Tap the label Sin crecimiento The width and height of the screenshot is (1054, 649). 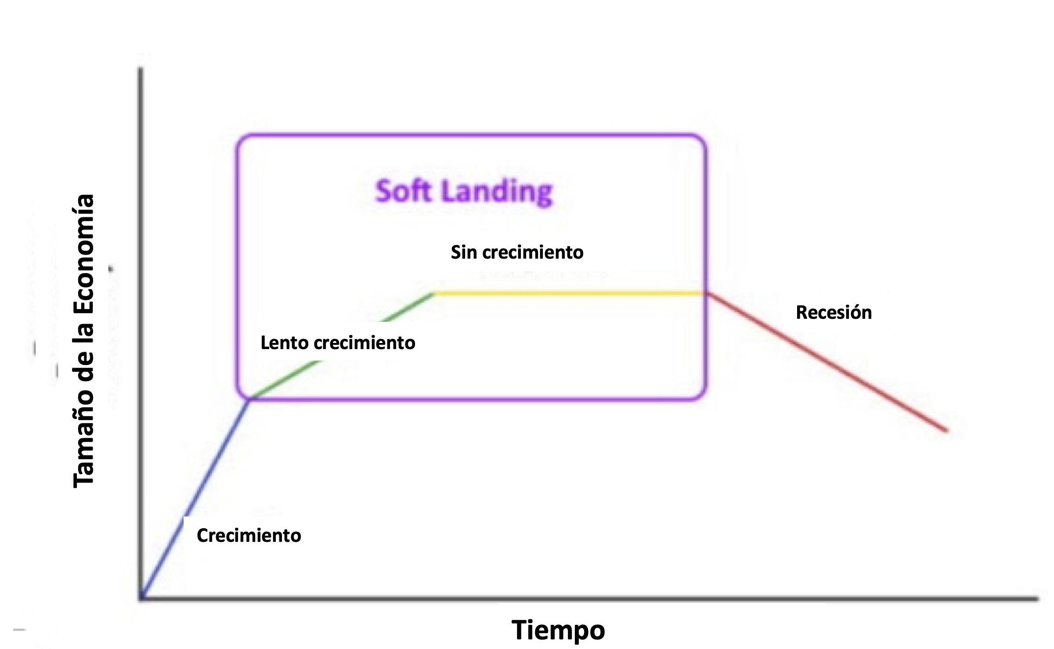pos(517,252)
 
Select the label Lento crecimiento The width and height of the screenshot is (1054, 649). pos(337,343)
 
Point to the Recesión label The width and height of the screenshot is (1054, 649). pos(834,313)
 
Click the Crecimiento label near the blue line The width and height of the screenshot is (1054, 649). pos(249,535)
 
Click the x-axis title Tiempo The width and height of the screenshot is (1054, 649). pos(558,630)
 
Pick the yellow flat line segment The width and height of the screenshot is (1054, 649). pos(571,293)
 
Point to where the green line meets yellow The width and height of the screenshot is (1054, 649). pos(434,293)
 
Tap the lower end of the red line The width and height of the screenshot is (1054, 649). pos(946,431)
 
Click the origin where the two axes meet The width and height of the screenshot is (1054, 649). pos(141,598)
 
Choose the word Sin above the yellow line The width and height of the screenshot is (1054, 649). pos(464,252)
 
